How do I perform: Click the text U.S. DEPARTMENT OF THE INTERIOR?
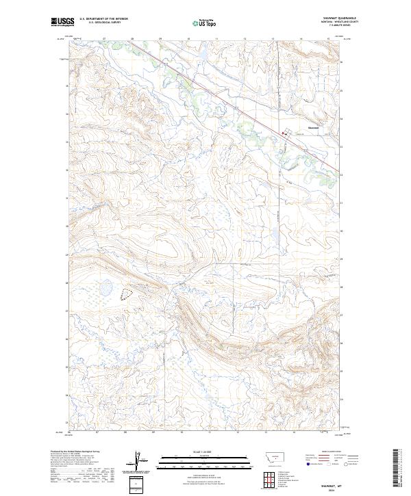tap(103, 19)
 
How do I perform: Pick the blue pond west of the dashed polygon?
tap(107, 290)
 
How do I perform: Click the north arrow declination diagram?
tap(138, 462)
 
